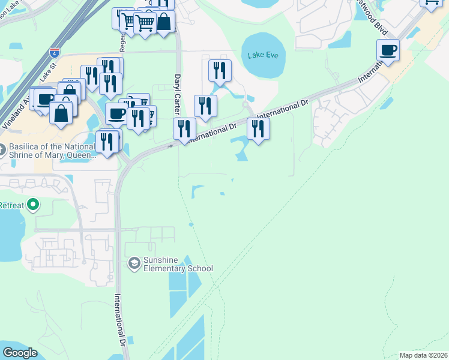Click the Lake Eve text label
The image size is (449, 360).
coord(263,56)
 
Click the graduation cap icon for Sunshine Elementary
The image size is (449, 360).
coord(134,263)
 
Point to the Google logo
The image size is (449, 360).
coord(20,353)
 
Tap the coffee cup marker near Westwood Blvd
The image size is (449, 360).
coord(388,50)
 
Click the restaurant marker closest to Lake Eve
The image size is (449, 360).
coord(220,70)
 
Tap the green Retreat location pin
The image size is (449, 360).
coord(34,205)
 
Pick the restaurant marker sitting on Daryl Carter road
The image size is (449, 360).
coord(184,128)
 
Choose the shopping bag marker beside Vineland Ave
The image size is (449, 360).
coord(62,113)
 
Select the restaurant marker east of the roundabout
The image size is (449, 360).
coord(258,128)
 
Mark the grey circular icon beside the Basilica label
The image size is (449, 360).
coord(2,148)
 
